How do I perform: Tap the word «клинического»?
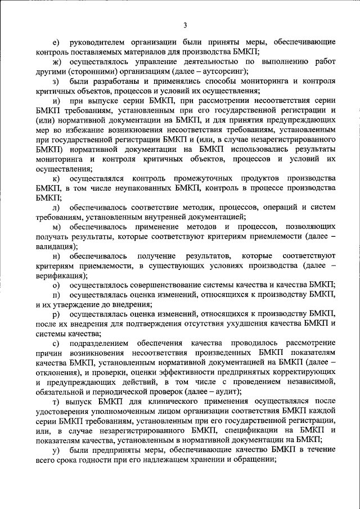click(x=171, y=401)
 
